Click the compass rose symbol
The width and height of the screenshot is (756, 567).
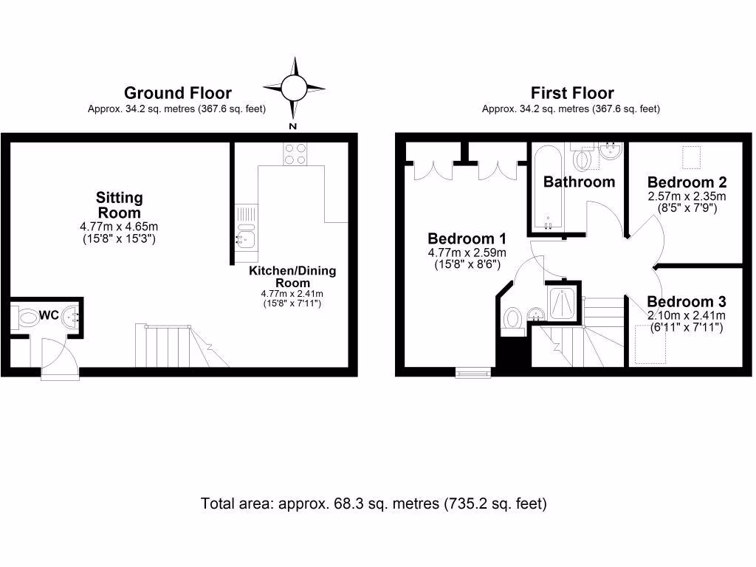tap(294, 89)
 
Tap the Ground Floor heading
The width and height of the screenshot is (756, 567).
tap(177, 93)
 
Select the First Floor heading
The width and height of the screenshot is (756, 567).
tap(571, 93)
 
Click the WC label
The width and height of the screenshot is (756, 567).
tap(49, 315)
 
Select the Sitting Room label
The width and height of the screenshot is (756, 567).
tap(120, 205)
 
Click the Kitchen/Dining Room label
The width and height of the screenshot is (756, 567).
tap(292, 277)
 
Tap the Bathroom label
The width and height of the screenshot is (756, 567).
tap(580, 182)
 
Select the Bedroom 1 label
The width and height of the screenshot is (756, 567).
tap(467, 239)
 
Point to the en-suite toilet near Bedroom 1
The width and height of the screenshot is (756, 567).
tap(512, 320)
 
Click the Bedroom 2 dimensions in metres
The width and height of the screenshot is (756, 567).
tap(687, 196)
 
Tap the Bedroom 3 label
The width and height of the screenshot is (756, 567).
tap(687, 302)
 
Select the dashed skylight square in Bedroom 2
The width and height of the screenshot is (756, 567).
tap(692, 157)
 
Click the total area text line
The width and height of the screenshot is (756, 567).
tap(374, 504)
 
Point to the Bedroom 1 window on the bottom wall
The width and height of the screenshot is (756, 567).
tap(473, 372)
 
